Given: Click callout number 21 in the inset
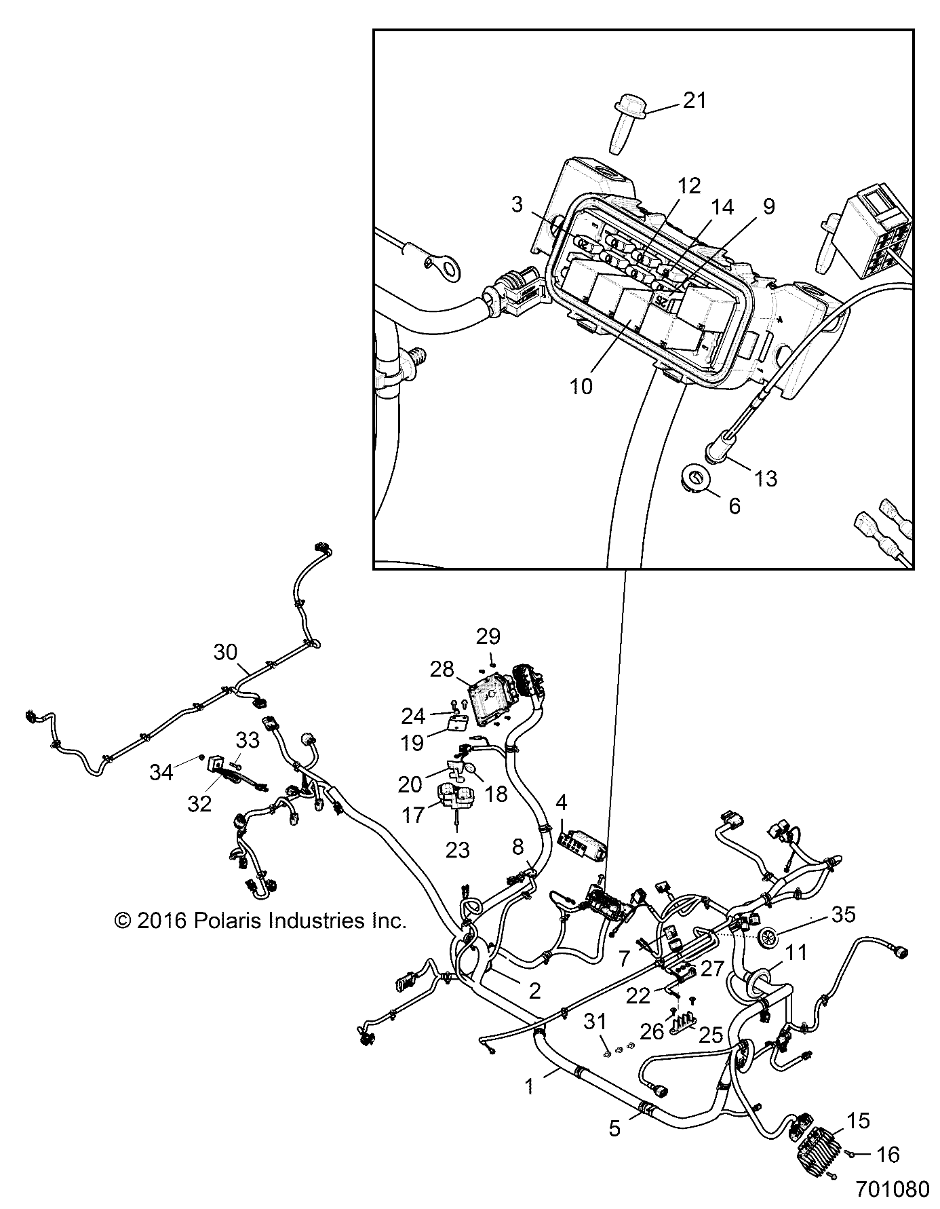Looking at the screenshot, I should coord(694,100).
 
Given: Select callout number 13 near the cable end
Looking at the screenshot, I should coord(765,478).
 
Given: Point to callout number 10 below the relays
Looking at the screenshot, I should coord(581,386).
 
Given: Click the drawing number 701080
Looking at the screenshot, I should coord(890,1191).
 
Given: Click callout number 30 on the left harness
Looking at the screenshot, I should coord(225,653).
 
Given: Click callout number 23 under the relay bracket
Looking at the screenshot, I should coord(458,850).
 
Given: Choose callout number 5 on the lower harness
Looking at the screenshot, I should coord(614,1129).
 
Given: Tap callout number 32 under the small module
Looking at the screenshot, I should coord(200,803).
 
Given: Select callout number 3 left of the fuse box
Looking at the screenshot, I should coord(517,204).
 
